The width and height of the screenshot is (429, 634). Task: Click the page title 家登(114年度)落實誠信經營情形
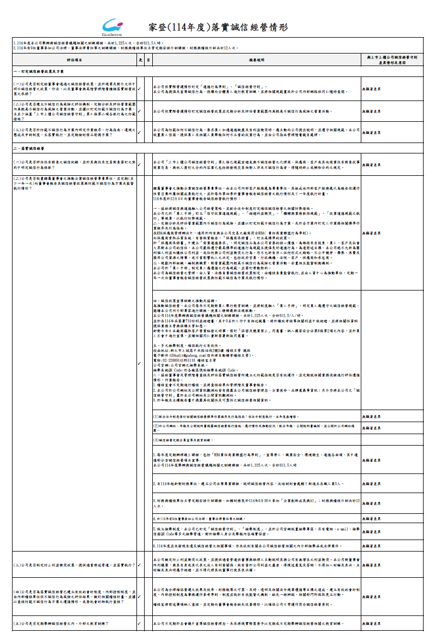218,27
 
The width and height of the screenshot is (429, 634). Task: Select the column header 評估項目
74,60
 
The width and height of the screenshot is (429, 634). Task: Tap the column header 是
140,60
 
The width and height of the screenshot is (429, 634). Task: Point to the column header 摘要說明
256,60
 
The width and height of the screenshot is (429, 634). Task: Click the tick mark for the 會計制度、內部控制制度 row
140,596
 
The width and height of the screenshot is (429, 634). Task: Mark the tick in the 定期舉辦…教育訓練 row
140,623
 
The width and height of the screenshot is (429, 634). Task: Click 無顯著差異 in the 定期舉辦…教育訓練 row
371,623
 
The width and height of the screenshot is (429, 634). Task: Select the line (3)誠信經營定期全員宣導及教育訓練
191,440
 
